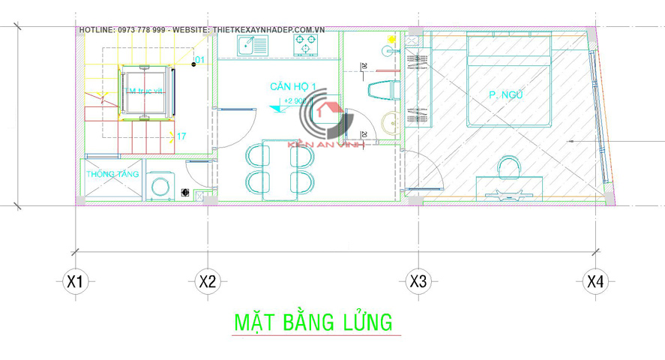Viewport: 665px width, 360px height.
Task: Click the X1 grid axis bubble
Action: pyautogui.click(x=73, y=282)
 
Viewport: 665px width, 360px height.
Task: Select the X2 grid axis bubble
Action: pyautogui.click(x=207, y=282)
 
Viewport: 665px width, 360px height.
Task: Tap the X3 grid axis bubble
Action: pyautogui.click(x=418, y=282)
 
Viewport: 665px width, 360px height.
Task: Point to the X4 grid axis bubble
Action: pyautogui.click(x=595, y=282)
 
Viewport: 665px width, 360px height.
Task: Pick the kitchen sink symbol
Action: pyautogui.click(x=250, y=46)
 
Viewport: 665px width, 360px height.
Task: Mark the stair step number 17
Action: pyautogui.click(x=181, y=136)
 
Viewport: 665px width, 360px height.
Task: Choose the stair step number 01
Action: pyautogui.click(x=199, y=59)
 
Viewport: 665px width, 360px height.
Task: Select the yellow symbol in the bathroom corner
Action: pyautogui.click(x=391, y=37)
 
